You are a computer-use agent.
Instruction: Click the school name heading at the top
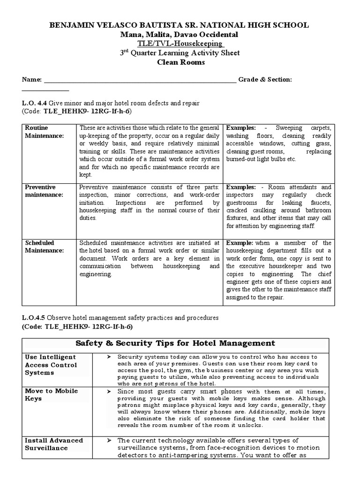click(180, 25)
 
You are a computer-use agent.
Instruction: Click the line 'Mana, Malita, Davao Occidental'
click(180, 35)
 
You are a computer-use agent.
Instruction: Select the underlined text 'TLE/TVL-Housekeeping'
click(180, 44)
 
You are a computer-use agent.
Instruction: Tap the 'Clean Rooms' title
click(180, 62)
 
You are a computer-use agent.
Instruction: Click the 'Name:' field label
click(32, 80)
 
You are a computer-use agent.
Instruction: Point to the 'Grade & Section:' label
click(265, 80)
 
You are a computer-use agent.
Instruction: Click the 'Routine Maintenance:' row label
click(44, 131)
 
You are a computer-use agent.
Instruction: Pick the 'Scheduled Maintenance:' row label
click(44, 247)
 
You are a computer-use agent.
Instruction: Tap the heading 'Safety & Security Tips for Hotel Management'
click(180, 343)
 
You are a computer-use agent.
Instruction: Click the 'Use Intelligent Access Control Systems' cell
click(51, 365)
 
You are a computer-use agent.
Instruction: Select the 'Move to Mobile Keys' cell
click(51, 395)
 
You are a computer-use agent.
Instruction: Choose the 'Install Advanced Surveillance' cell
click(53, 444)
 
